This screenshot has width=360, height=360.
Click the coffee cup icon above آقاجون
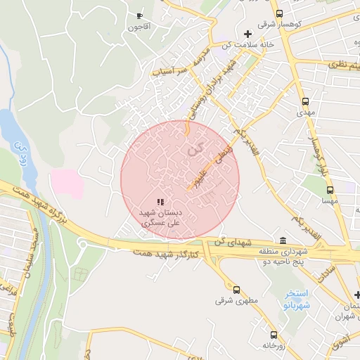[x=139, y=15]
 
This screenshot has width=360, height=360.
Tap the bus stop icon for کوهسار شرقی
[x=279, y=13]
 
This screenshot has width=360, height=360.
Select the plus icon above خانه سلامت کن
[x=247, y=34]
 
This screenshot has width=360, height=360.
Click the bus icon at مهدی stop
[x=304, y=101]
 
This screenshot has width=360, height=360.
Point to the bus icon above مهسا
[x=329, y=189]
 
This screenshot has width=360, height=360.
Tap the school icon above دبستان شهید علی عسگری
[x=160, y=202]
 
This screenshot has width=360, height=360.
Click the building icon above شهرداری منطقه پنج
[x=283, y=240]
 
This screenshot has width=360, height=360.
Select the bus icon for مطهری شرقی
[x=236, y=289]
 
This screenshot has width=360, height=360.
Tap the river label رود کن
[x=21, y=154]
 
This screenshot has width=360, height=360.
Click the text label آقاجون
[x=139, y=27]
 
